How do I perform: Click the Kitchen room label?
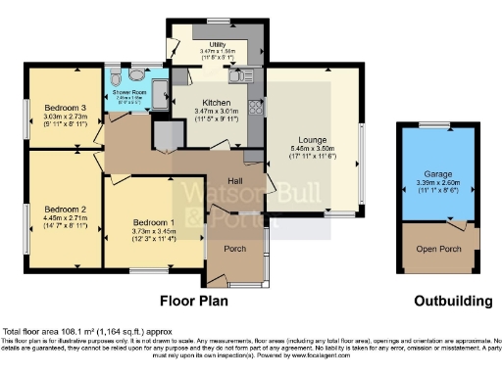coord(217,102)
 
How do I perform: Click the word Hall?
coord(236,182)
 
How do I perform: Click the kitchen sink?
coord(238,75)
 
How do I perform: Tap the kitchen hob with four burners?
coord(256,107)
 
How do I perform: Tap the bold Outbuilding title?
coord(432,302)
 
